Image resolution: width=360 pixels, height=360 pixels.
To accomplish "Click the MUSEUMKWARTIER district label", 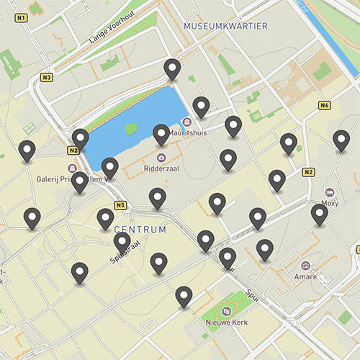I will click(225, 26).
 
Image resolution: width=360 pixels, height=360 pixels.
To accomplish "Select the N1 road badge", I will click(21, 17).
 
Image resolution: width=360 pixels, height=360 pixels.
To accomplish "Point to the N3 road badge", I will click(48, 77).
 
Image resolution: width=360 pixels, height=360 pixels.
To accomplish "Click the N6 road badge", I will click(325, 106).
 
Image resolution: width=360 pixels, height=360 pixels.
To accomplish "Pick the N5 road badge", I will click(120, 205).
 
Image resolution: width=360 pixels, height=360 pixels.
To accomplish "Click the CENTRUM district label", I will click(140, 230).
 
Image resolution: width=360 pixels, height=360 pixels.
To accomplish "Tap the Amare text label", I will click(305, 276).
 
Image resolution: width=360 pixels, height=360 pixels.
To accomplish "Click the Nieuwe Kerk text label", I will click(226, 322).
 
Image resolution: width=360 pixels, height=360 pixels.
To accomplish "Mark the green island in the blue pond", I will click(130, 129).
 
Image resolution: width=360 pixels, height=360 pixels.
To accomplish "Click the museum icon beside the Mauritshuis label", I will click(187, 122).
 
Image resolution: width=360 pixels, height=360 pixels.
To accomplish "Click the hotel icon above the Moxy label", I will click(330, 193).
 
